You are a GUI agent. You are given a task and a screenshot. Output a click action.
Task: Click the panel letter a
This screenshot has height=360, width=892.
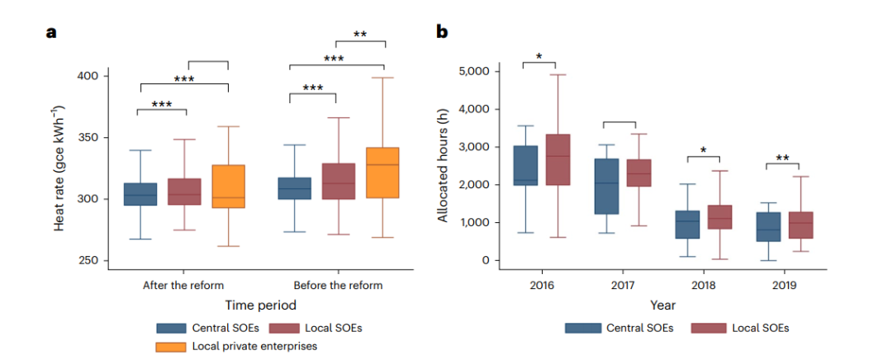click(52, 32)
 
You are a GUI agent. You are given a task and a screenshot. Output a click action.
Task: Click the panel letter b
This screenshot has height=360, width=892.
click(442, 32)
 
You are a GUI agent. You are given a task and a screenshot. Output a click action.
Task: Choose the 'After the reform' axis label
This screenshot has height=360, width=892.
click(183, 285)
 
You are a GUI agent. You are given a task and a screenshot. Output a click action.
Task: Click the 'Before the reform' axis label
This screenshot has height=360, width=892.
click(337, 285)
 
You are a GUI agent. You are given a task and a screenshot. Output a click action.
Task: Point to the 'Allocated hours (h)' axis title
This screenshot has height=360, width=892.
click(444, 166)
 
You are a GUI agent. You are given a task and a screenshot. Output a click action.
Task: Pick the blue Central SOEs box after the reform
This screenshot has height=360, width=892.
click(140, 194)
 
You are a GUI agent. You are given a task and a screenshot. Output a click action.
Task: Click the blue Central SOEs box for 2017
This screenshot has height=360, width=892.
click(605, 187)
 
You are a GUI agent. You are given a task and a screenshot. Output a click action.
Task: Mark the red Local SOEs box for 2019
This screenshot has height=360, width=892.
click(799, 225)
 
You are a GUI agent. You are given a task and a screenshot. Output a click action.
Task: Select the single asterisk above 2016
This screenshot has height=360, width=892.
click(539, 56)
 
